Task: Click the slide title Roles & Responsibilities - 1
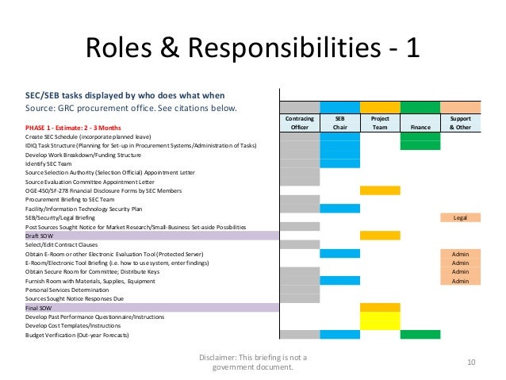click(x=252, y=48)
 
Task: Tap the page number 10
click(x=471, y=363)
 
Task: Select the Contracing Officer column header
click(x=299, y=122)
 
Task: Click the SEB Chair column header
click(x=339, y=122)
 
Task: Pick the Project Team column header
click(x=379, y=122)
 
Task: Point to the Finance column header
click(x=420, y=126)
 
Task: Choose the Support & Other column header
click(x=460, y=122)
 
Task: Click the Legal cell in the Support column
click(x=460, y=217)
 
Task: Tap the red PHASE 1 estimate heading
click(x=72, y=127)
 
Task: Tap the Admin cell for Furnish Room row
click(x=460, y=280)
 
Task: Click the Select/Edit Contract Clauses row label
click(x=67, y=244)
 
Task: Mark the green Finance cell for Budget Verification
click(x=420, y=335)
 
